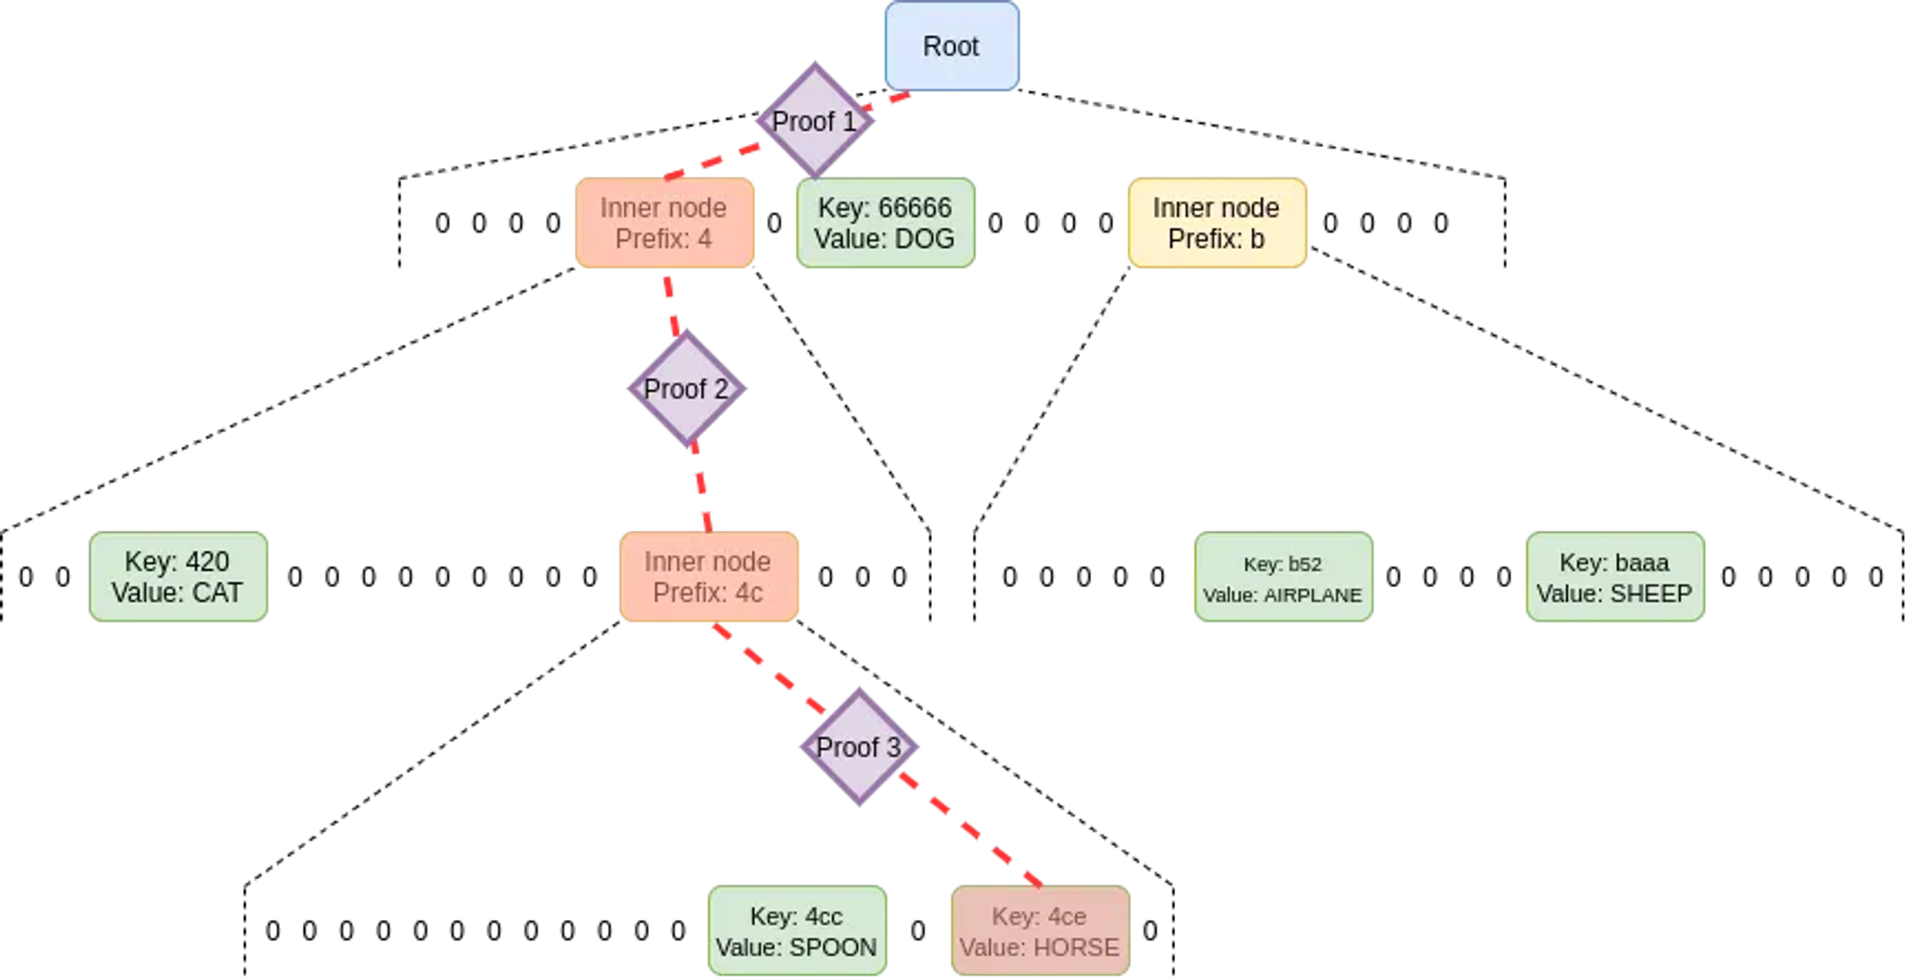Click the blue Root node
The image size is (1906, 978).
(951, 47)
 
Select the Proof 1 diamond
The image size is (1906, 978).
(815, 121)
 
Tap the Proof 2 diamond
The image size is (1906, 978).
(686, 389)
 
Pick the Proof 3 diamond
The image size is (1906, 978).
(859, 747)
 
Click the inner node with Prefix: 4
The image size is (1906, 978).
(664, 223)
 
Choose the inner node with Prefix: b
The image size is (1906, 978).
(1217, 223)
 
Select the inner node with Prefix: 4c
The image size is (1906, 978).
(708, 577)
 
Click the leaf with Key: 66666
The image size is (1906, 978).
(885, 223)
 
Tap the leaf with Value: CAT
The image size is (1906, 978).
(178, 577)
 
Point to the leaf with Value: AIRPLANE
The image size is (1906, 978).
(1283, 577)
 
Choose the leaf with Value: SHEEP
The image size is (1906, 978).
(1614, 577)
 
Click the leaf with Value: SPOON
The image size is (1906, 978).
(797, 931)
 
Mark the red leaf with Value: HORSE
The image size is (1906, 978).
(1040, 931)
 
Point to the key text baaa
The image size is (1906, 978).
(1641, 562)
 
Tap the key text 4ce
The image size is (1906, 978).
(1066, 917)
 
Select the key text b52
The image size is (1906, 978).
(1304, 564)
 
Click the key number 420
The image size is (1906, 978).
(208, 562)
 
